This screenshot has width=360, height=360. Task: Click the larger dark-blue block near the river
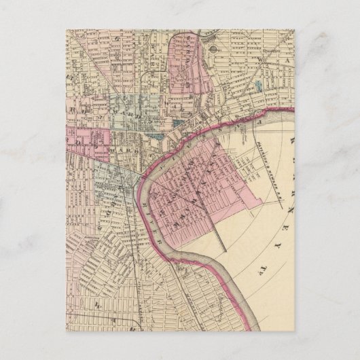[x=178, y=124]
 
